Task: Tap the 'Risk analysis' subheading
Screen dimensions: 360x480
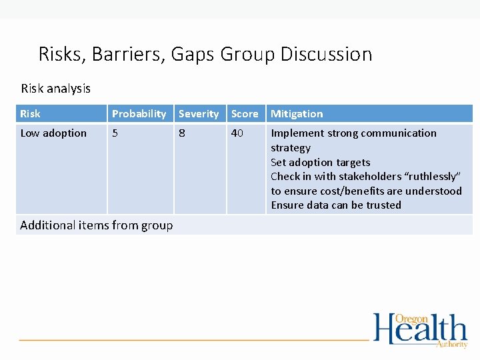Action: coord(55,88)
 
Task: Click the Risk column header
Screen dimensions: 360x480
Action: coord(30,114)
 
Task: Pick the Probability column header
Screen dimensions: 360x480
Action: coord(139,114)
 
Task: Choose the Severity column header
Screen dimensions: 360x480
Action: coord(198,114)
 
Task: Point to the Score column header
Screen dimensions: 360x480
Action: coord(244,114)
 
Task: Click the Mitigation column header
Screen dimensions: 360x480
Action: coord(297,114)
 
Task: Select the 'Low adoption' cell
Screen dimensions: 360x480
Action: coord(53,133)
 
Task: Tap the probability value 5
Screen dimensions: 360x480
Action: coord(115,133)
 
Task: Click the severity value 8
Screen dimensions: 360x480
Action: coord(182,133)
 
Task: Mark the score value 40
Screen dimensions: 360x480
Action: coord(237,133)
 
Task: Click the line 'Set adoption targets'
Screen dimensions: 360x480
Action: coord(320,162)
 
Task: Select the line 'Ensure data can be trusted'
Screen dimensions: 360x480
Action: coord(335,205)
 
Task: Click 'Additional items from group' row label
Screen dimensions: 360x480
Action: coord(96,225)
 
